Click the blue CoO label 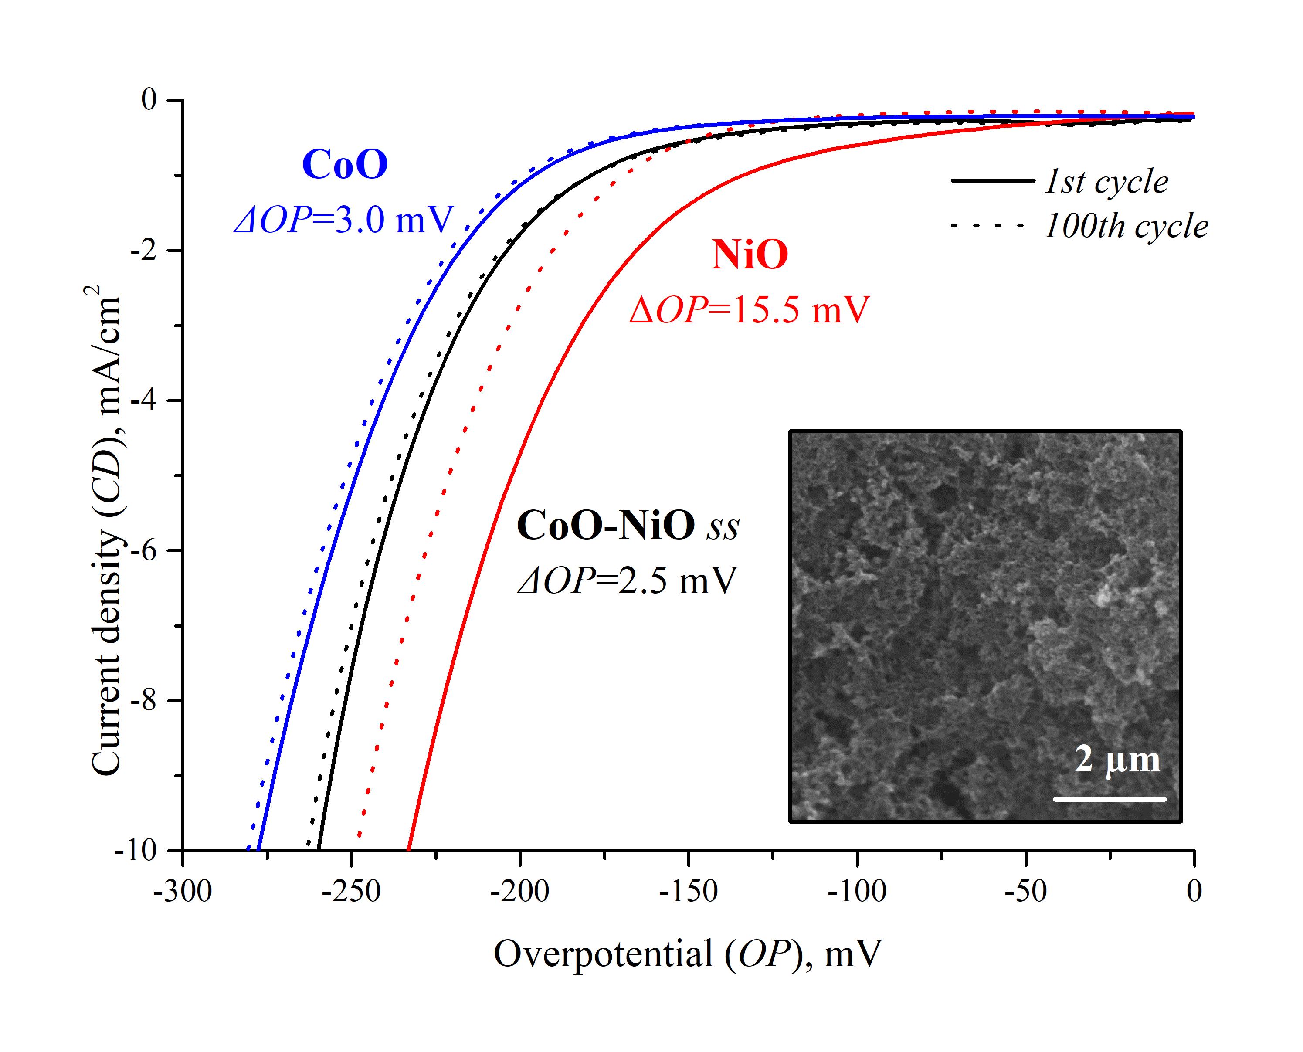[345, 164]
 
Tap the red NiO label [750, 255]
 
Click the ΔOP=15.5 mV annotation [750, 310]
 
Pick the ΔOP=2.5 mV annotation [627, 580]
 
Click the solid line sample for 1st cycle [993, 180]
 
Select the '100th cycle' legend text [1126, 226]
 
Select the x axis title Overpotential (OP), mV [688, 954]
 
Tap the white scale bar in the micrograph [1110, 799]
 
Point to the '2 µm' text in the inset [1117, 759]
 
